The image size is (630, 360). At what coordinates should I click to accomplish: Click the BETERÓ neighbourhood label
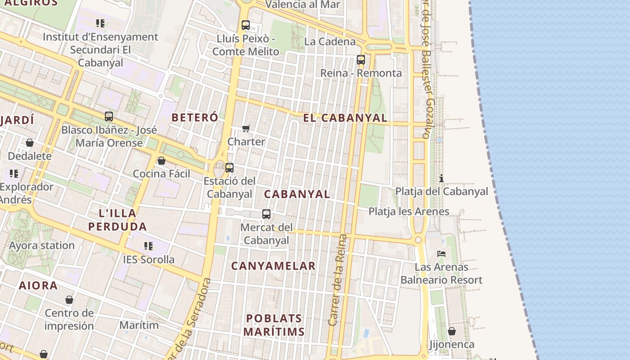coord(195,117)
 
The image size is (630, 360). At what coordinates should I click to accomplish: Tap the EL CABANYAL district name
coord(345,118)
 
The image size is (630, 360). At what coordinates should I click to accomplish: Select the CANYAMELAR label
coord(274,266)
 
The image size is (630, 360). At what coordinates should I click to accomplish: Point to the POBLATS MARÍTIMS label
coord(274,325)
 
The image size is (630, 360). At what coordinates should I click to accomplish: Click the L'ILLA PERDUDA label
coord(117,220)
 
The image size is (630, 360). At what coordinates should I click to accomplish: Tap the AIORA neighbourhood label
coord(38,285)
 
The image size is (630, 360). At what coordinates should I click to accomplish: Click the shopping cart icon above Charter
coord(246,129)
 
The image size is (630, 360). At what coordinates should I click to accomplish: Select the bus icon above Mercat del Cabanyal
coord(266,214)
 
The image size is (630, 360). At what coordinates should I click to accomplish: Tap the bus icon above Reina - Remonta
coord(360,60)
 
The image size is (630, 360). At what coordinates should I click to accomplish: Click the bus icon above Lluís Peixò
coord(245,25)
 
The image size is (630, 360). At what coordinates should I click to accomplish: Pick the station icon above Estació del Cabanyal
coord(229,168)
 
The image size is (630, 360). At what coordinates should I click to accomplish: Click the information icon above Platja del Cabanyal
coord(441,178)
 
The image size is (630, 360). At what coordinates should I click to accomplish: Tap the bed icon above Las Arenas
coord(441,254)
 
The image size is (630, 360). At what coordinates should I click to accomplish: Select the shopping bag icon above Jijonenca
coord(452,331)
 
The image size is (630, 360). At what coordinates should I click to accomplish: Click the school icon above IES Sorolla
coord(148,246)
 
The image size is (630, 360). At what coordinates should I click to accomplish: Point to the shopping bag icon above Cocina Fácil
coord(161,161)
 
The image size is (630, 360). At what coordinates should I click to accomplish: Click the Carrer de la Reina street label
coord(338,280)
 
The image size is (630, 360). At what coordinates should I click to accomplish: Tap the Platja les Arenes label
coord(409,211)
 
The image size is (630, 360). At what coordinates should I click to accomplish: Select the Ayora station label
coord(42,246)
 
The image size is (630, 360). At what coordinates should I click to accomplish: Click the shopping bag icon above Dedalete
coord(30,143)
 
